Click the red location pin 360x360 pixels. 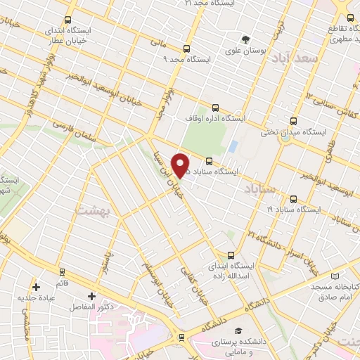[181, 165]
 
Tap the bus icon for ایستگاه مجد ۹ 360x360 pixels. [186, 49]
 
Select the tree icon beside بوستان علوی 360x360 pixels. [245, 39]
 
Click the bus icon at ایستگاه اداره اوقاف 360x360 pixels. [215, 108]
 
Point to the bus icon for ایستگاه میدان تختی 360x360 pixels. [292, 120]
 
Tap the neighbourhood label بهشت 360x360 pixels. [91, 210]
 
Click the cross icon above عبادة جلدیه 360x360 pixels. [36, 287]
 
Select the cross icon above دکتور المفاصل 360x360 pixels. [91, 297]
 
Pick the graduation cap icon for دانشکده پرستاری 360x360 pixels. [239, 330]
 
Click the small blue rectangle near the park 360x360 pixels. [231, 146]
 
